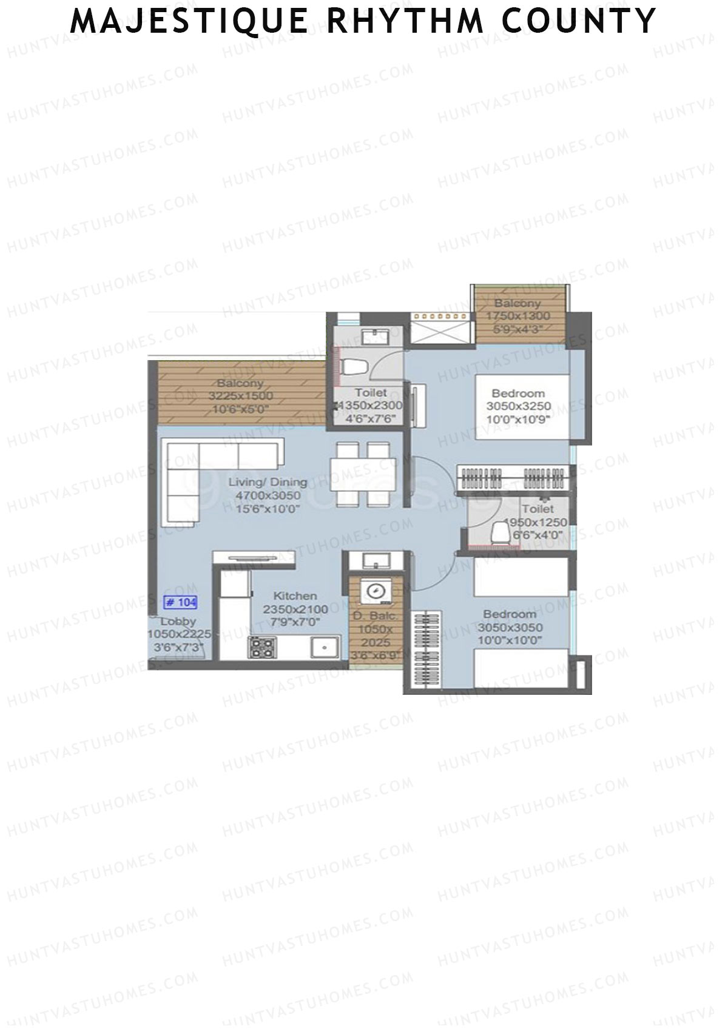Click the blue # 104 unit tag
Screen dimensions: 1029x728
pyautogui.click(x=181, y=603)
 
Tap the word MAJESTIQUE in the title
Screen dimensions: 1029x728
pyautogui.click(x=189, y=21)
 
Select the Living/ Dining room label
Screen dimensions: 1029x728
pyautogui.click(x=268, y=483)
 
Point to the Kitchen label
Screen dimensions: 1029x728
pyautogui.click(x=295, y=596)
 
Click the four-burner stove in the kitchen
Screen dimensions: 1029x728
pyautogui.click(x=261, y=648)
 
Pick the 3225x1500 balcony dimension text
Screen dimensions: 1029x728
pyautogui.click(x=241, y=396)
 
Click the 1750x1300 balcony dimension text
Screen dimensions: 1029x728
pyautogui.click(x=519, y=316)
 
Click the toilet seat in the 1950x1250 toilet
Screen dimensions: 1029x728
pyautogui.click(x=501, y=532)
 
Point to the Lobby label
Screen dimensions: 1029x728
pyautogui.click(x=178, y=622)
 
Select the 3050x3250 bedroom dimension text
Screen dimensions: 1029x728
pyautogui.click(x=519, y=406)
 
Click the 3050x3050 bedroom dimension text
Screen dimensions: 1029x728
pyautogui.click(x=510, y=628)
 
